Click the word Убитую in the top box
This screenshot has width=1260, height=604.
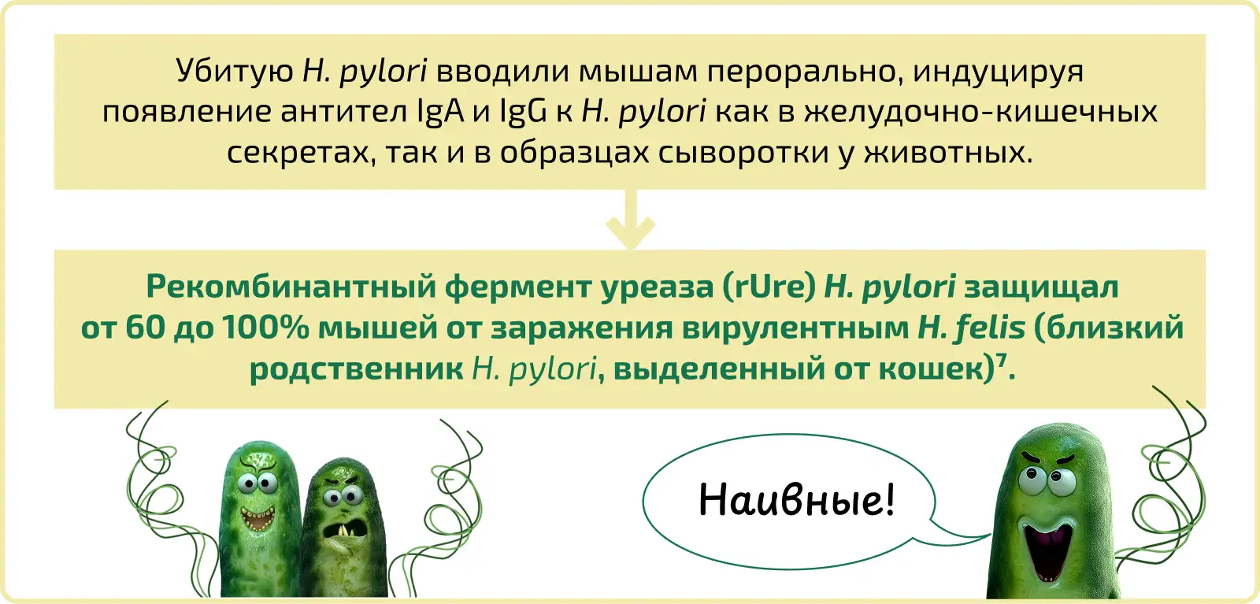point(235,72)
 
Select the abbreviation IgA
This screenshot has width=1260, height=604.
point(441,111)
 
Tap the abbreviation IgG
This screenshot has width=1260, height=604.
point(523,111)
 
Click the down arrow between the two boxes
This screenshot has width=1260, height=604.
point(631,220)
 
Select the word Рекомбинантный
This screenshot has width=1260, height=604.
point(291,287)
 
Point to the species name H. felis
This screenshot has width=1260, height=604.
point(972,328)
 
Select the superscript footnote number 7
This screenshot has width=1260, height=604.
point(1002,358)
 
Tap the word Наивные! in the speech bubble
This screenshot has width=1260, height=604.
point(796,499)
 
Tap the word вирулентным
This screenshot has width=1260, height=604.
point(795,328)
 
